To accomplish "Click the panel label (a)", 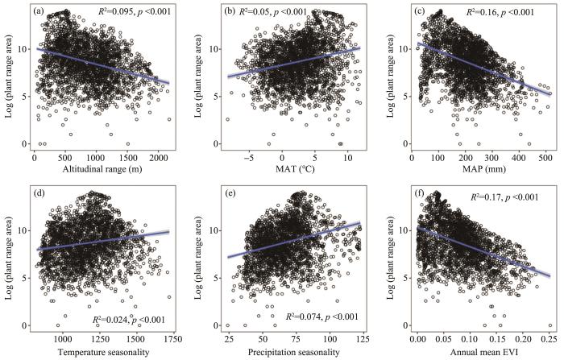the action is (39, 11).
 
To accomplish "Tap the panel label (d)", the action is (39, 194).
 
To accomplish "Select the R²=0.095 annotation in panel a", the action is (135, 11).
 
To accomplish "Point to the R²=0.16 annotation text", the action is (500, 12).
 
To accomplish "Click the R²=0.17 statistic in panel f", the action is (505, 197).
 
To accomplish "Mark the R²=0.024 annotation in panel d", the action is (129, 320).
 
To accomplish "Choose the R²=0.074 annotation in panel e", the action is (321, 317).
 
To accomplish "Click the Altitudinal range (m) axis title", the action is (102, 169).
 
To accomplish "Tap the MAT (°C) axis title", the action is (295, 169).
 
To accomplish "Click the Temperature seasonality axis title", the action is (103, 352).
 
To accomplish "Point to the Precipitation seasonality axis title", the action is (293, 352).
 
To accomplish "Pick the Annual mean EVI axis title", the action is (485, 352).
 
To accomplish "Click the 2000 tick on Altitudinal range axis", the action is (158, 159).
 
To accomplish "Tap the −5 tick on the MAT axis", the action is (249, 159).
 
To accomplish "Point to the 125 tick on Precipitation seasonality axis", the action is (363, 340).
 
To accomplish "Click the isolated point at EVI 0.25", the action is (550, 325).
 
